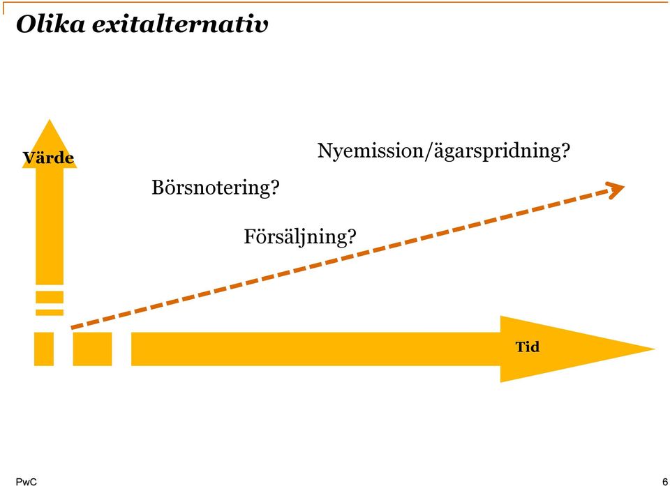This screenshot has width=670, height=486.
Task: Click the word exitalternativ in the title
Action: [180, 25]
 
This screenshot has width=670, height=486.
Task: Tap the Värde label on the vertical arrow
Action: [48, 158]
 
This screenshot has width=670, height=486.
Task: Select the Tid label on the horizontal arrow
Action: [528, 347]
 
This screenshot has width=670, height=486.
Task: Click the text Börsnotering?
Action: [216, 187]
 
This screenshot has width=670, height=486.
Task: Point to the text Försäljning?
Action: [300, 236]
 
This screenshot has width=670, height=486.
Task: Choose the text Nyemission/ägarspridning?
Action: [444, 151]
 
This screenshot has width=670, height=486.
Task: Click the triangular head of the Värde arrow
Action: [50, 144]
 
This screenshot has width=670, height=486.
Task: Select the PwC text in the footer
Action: [26, 482]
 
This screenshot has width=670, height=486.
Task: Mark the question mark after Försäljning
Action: [352, 236]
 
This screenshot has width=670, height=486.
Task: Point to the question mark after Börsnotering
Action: [275, 187]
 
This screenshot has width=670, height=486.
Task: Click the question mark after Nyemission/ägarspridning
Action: [565, 151]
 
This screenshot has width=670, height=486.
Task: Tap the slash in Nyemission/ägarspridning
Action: [429, 151]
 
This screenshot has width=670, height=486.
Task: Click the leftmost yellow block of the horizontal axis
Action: [44, 349]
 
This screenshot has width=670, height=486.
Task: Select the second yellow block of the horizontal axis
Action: [92, 349]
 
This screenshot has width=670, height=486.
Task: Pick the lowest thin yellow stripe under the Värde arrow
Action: [50, 312]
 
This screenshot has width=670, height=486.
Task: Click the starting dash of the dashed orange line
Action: [77, 326]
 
